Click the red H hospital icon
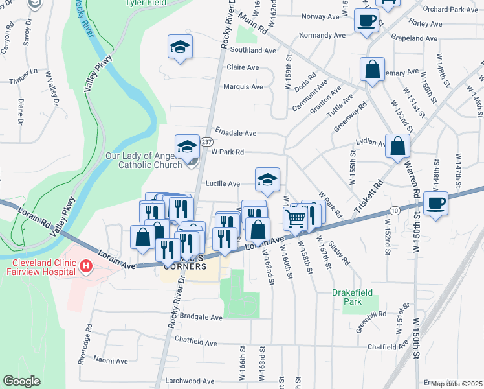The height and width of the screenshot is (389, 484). pos(85,266)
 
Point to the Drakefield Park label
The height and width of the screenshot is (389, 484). pos(352,297)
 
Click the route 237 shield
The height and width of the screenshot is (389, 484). pos(206,142)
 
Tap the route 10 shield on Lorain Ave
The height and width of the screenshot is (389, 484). pos(394,209)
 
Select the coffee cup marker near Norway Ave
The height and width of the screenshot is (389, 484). pos(366,21)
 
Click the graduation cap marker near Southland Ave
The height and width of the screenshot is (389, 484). pos(181,47)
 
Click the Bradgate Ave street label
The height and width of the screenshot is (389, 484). pos(201,318)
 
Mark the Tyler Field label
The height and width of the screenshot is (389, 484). pos(149,3)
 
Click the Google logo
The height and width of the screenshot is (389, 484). pos(22,381)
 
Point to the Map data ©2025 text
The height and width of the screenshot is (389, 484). pos(456,384)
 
